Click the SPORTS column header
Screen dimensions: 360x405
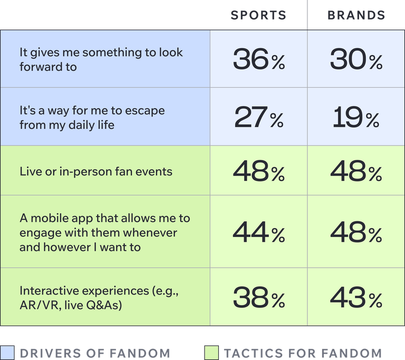coord(258,15)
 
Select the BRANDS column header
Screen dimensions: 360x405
coord(356,15)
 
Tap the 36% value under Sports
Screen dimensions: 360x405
coord(258,60)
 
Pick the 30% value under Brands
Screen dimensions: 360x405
coord(356,60)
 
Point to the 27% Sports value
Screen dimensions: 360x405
coord(258,118)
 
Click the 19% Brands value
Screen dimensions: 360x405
coord(356,118)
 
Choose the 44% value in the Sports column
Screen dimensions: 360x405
coord(258,232)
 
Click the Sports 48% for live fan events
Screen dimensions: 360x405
coord(258,171)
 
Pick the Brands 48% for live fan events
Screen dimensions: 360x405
coord(356,171)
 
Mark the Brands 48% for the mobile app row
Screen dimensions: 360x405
coord(356,232)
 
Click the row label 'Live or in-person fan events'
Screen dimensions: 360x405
coord(96,172)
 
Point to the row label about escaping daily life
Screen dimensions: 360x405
coord(92,118)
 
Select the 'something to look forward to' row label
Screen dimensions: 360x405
coord(101,60)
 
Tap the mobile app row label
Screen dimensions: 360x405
coord(104,232)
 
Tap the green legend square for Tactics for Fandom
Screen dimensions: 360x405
coord(210,353)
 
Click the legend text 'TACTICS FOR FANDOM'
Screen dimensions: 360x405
coord(302,353)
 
